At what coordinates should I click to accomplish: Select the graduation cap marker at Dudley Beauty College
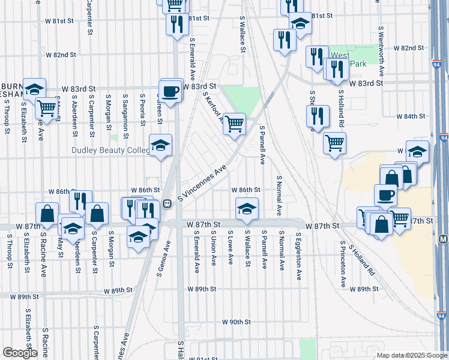click(160, 146)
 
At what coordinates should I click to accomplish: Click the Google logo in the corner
click(19, 353)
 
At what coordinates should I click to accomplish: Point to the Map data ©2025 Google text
click(411, 355)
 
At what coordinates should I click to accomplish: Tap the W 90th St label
click(236, 322)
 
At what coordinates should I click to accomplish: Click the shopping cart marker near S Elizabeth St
click(46, 109)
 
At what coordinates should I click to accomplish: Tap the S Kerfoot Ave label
click(214, 107)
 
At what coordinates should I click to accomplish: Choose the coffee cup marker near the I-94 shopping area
click(385, 195)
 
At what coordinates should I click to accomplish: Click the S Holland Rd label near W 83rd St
click(340, 108)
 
